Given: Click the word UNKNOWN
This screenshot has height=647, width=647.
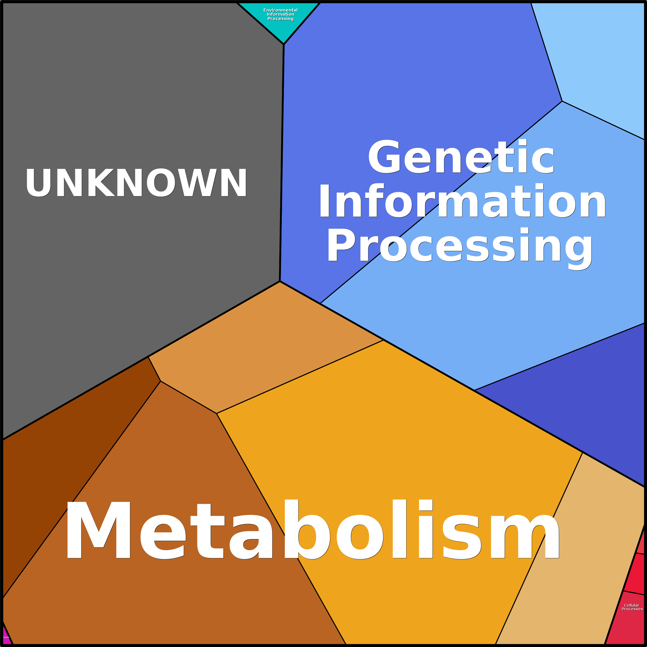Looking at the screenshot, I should click(x=136, y=183).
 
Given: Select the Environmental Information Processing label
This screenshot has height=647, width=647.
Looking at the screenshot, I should click(x=280, y=14).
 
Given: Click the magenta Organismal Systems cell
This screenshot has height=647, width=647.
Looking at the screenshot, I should click(x=6, y=638).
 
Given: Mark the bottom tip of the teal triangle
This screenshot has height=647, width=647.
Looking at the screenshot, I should click(x=284, y=42).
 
